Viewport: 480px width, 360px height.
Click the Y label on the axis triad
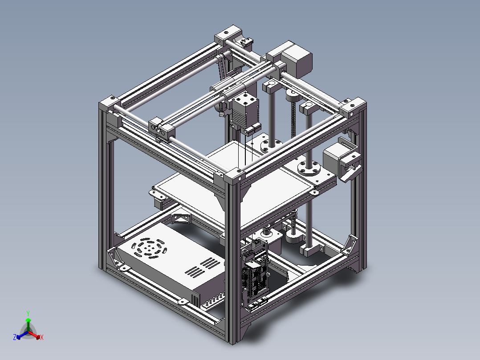28,313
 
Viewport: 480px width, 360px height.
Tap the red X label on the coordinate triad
42,338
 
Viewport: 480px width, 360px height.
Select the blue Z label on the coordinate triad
15,338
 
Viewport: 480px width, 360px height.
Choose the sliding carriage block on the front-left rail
163,128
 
